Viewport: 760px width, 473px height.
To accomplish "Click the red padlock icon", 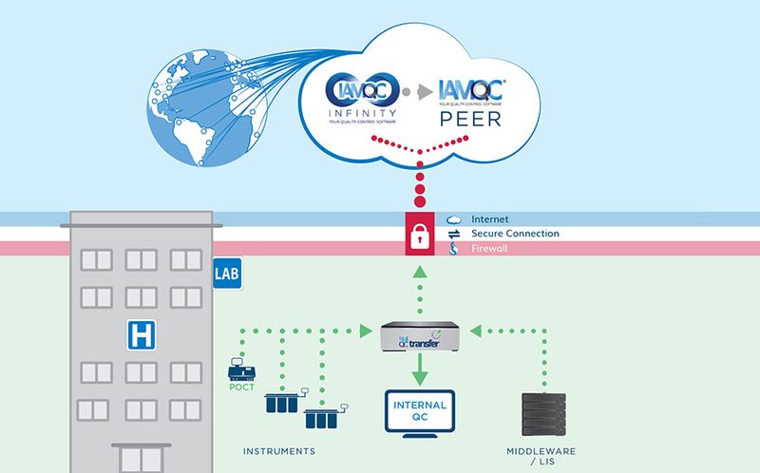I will pos(420,234).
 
